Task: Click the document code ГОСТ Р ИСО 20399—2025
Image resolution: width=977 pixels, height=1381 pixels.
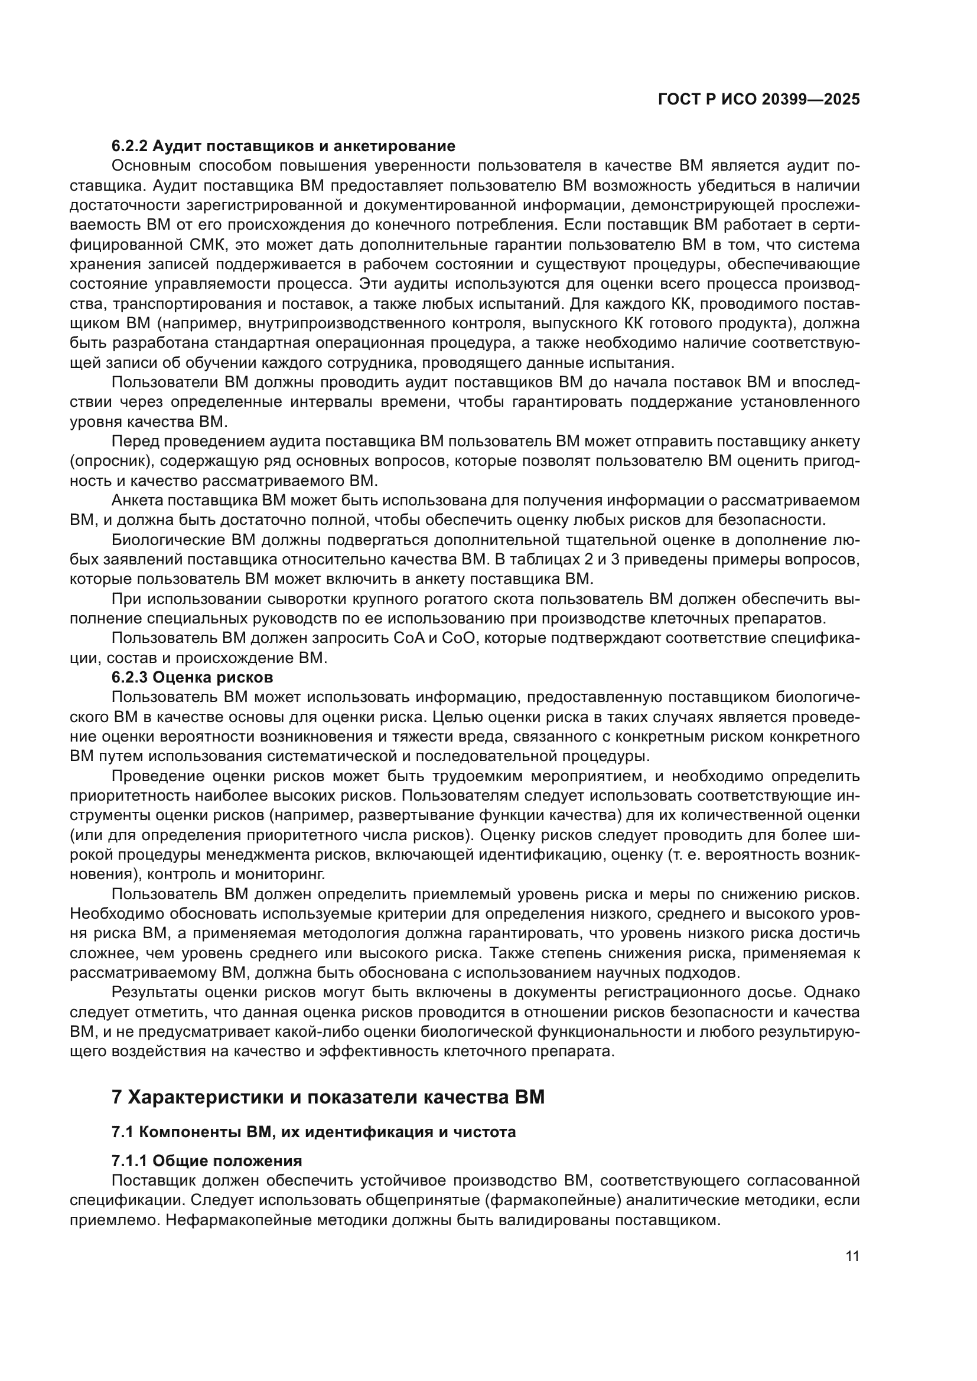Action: tap(759, 100)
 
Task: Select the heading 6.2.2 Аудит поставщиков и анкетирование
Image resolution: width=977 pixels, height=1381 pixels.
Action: tap(284, 146)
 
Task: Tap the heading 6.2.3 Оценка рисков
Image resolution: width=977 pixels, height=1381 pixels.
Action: tap(193, 677)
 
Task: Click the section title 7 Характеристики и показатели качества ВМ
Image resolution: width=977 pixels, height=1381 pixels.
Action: tap(328, 1098)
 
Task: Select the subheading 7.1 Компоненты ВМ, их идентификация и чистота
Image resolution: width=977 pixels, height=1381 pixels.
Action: tap(314, 1132)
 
